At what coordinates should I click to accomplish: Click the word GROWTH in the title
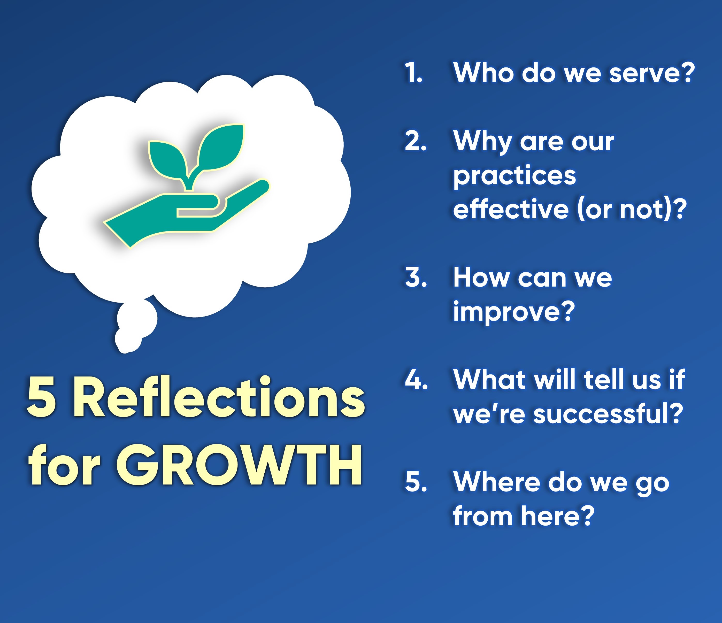[239, 465]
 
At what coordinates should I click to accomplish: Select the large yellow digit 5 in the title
[41, 397]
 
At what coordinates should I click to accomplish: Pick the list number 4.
[416, 379]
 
